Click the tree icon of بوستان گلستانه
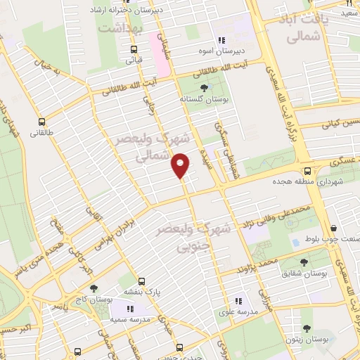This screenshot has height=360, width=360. pyautogui.click(x=203, y=88)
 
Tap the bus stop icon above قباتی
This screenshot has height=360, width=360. pyautogui.click(x=134, y=49)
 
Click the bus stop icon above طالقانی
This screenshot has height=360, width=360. pyautogui.click(x=43, y=120)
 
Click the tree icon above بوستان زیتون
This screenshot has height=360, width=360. pyautogui.click(x=306, y=328)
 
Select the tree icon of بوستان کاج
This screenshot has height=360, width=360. pyautogui.click(x=94, y=288)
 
